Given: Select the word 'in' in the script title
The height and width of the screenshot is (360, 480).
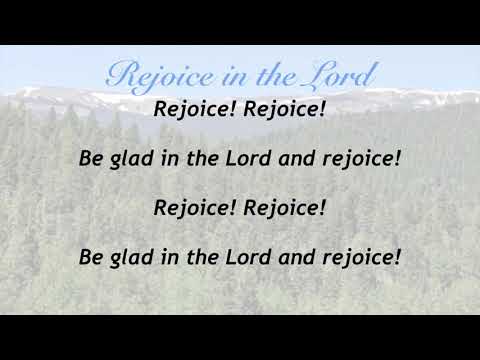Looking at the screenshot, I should point(224,76).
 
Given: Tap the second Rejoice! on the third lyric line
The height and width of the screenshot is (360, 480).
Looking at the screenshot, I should point(285,207).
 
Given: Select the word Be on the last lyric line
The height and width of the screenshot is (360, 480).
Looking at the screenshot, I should point(91,257).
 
